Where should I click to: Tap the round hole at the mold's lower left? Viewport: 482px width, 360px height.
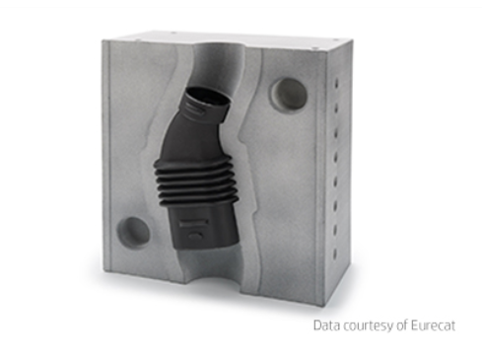click(x=133, y=233)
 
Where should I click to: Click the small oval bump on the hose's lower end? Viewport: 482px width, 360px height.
click(x=195, y=237)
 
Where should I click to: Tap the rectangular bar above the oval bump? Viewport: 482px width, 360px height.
click(x=194, y=223)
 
